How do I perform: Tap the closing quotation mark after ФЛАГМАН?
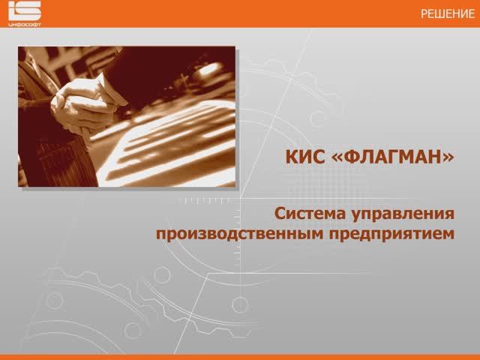449,158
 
